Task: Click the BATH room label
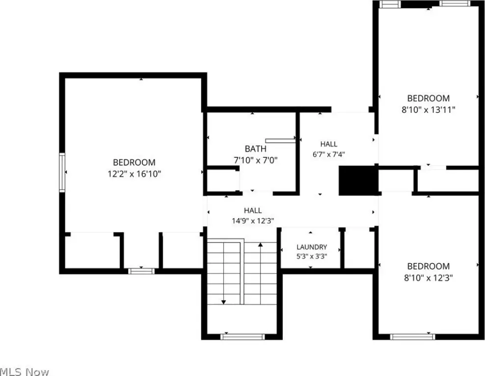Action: click(255, 149)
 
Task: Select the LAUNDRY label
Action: click(312, 247)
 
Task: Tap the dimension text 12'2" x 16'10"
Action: click(134, 174)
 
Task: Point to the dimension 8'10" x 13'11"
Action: click(429, 110)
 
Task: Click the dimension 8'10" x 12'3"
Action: click(429, 278)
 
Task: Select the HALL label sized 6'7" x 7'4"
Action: click(329, 144)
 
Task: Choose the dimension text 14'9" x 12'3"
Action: click(253, 221)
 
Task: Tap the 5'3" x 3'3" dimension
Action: click(312, 256)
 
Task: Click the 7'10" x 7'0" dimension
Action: click(255, 160)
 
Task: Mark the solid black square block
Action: click(358, 181)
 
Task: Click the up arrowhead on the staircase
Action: click(261, 245)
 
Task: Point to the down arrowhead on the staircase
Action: click(224, 302)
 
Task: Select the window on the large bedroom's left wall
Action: click(62, 173)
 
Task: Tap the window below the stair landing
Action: click(243, 337)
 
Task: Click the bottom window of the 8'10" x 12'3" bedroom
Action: click(413, 337)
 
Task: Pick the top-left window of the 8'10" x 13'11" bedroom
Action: click(390, 4)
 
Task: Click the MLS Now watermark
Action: click(24, 372)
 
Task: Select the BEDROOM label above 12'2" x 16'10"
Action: click(134, 163)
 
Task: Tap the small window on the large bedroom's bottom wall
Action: click(141, 271)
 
